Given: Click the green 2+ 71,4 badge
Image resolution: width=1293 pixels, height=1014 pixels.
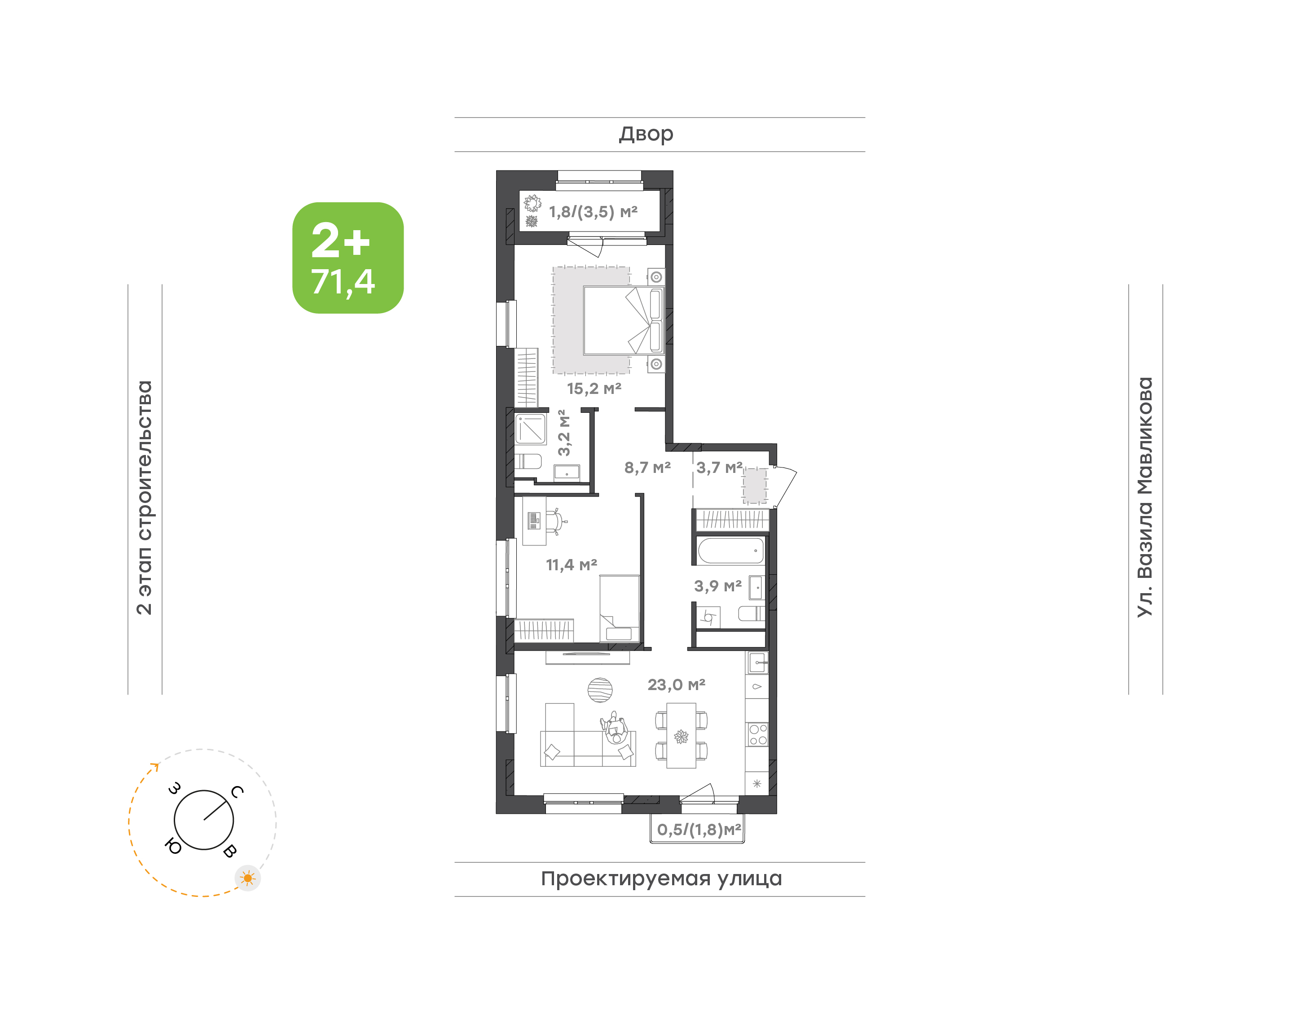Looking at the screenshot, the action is (347, 258).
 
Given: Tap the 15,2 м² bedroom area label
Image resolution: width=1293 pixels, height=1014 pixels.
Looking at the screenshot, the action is (594, 389).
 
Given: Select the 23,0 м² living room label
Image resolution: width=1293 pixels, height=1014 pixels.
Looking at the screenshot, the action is (677, 685).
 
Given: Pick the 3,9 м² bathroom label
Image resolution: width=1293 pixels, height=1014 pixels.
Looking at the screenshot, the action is (718, 586).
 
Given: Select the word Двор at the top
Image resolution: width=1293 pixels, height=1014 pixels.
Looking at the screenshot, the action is (646, 134).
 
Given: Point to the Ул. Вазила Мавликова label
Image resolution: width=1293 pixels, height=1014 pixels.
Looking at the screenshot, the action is (1144, 497).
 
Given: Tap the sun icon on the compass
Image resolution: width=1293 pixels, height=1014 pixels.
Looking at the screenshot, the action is (248, 878).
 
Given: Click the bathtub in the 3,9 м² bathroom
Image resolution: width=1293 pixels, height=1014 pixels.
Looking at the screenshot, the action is (730, 551).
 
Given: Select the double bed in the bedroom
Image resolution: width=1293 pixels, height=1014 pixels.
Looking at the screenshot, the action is (624, 321).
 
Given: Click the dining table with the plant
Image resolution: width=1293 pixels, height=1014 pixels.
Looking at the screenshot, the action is (681, 735).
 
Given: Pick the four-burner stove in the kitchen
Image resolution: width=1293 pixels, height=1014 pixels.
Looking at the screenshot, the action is (758, 734).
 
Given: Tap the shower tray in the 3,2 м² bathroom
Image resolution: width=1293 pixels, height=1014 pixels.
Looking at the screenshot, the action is (530, 428).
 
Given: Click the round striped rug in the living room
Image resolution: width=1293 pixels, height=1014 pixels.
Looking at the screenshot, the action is (600, 690).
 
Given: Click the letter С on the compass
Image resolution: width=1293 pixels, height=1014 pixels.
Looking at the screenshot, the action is (237, 791).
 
